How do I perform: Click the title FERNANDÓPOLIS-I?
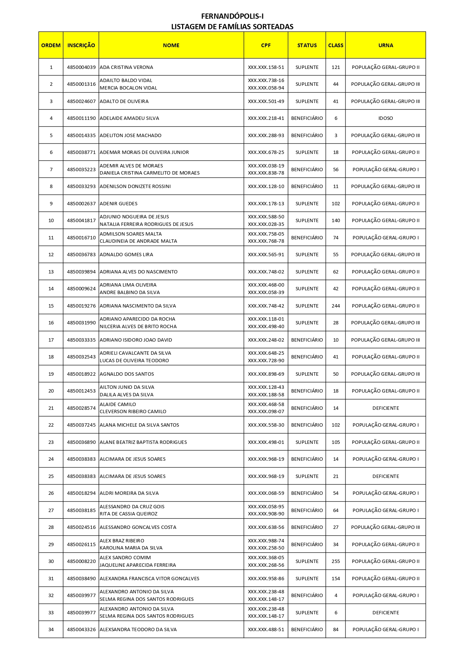pyautogui.click(x=232, y=16)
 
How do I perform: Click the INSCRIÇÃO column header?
pyautogui.click(x=81, y=45)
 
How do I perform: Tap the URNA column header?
pyautogui.click(x=386, y=45)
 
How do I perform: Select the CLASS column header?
pyautogui.click(x=335, y=45)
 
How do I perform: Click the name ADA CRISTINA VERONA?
pyautogui.click(x=126, y=67)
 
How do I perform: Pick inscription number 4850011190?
pyautogui.click(x=81, y=118)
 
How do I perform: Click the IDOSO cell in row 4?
pyautogui.click(x=386, y=118)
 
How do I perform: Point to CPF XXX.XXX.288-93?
pyautogui.click(x=266, y=136)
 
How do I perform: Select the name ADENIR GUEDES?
pyautogui.click(x=118, y=204)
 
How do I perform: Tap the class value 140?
pyautogui.click(x=335, y=221)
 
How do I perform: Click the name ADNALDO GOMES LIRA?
pyautogui.click(x=126, y=255)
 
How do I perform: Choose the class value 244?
pyautogui.click(x=335, y=306)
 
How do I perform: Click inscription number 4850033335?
pyautogui.click(x=81, y=340)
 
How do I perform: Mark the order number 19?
pyautogui.click(x=51, y=374)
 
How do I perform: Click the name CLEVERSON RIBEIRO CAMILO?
pyautogui.click(x=133, y=412)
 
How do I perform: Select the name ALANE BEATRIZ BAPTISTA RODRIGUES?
pyautogui.click(x=143, y=442)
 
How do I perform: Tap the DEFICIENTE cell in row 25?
pyautogui.click(x=386, y=476)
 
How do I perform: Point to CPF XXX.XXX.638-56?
pyautogui.click(x=266, y=527)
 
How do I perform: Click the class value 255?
pyautogui.click(x=335, y=561)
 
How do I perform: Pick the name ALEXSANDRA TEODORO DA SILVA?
pyautogui.click(x=138, y=630)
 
